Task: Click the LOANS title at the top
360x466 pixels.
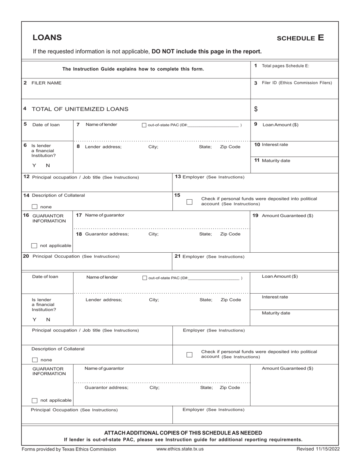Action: click(x=47, y=38)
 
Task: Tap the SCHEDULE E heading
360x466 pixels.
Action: click(x=301, y=38)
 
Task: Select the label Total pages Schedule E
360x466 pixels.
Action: click(x=285, y=66)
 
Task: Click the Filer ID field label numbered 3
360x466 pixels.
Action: click(x=297, y=83)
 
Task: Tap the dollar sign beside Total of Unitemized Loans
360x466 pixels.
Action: click(x=256, y=109)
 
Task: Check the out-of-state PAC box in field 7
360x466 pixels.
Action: click(x=144, y=125)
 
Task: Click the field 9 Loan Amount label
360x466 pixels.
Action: click(x=280, y=125)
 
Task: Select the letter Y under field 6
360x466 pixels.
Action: click(x=34, y=166)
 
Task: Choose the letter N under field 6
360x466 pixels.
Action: click(x=48, y=166)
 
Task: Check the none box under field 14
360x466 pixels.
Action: click(x=34, y=207)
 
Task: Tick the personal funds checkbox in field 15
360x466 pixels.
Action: click(x=189, y=202)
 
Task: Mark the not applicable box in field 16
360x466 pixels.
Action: click(x=34, y=246)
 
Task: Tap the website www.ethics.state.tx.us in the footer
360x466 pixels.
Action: click(x=180, y=449)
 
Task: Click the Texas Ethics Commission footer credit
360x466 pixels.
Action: click(x=69, y=449)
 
